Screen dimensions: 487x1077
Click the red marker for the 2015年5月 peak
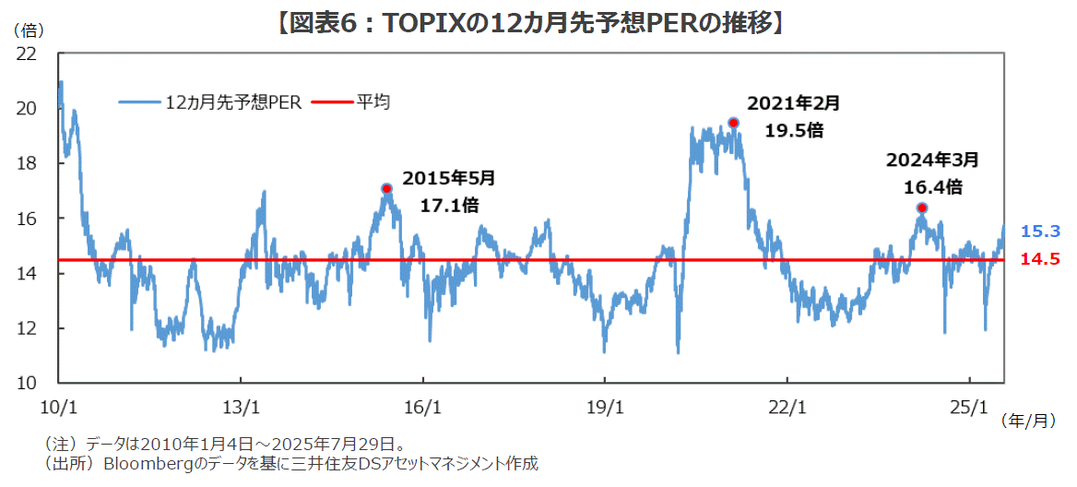tap(386, 188)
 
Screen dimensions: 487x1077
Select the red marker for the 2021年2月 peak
tap(733, 123)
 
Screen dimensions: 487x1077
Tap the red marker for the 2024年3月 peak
tap(921, 208)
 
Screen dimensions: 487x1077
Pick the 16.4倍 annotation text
tap(932, 187)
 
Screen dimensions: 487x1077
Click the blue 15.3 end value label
tap(1039, 232)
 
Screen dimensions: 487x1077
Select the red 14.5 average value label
tap(1039, 260)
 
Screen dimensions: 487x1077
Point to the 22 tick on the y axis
tap(27, 53)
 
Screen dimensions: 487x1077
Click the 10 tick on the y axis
tap(27, 383)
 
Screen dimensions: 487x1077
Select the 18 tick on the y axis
tap(27, 163)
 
